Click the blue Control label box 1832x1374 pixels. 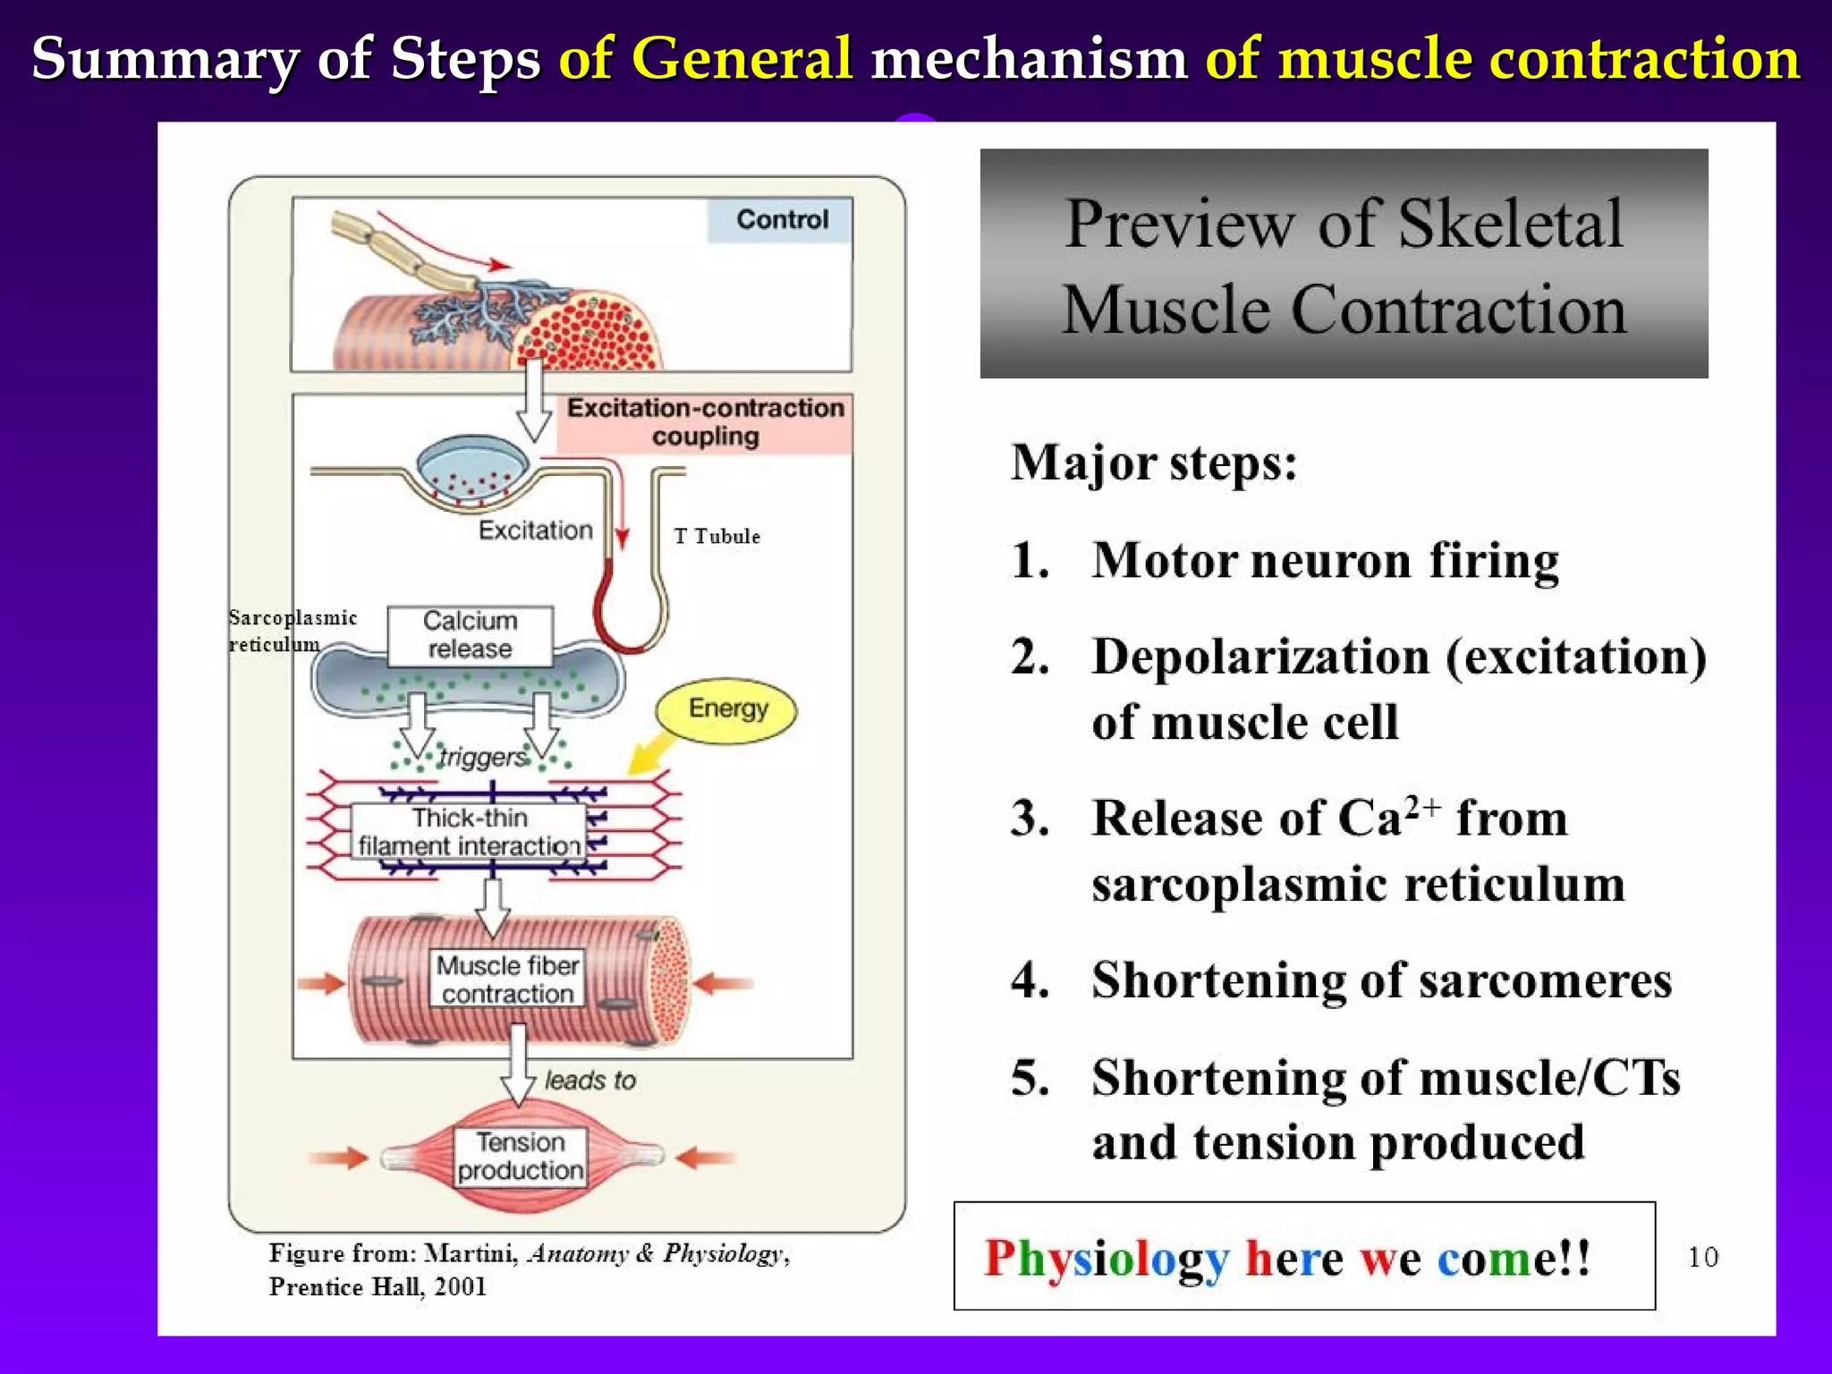point(780,220)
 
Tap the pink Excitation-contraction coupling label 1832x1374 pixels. point(705,422)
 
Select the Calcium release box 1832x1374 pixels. point(470,635)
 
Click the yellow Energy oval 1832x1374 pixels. point(726,709)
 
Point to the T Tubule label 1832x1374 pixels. point(717,537)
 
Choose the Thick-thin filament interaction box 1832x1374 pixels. point(469,832)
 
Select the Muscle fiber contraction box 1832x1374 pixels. point(507,980)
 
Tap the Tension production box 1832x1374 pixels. point(521,1156)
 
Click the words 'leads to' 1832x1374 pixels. point(590,1081)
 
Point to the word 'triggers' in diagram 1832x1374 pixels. point(483,758)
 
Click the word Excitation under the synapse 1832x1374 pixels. point(535,530)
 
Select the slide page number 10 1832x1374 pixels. point(1702,1257)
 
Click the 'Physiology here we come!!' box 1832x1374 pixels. point(1303,1257)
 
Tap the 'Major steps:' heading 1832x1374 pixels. point(1154,463)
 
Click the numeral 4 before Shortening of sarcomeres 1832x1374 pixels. point(1030,980)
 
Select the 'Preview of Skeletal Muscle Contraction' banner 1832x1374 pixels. point(1343,264)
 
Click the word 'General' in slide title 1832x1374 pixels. point(742,59)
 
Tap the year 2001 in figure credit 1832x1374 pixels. point(460,1287)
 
